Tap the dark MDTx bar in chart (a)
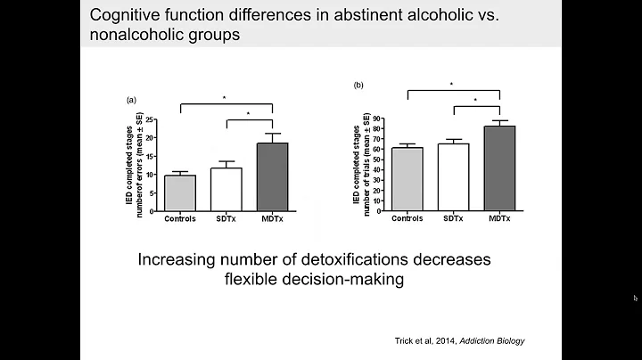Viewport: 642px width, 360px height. pos(272,177)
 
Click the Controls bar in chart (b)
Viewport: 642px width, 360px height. pos(407,179)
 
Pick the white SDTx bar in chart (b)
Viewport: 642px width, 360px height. pos(453,177)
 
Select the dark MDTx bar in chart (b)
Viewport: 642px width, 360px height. pos(498,168)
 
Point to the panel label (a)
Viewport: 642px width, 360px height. pos(132,101)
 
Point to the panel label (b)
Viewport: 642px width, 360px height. pos(359,86)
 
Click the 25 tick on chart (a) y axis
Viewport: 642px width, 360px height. pos(152,119)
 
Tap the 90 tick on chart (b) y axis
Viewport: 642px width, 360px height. pos(377,119)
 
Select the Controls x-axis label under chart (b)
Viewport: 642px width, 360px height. pos(407,217)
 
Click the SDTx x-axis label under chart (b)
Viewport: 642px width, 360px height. pos(453,217)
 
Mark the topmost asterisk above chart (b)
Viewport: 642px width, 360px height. pos(452,85)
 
